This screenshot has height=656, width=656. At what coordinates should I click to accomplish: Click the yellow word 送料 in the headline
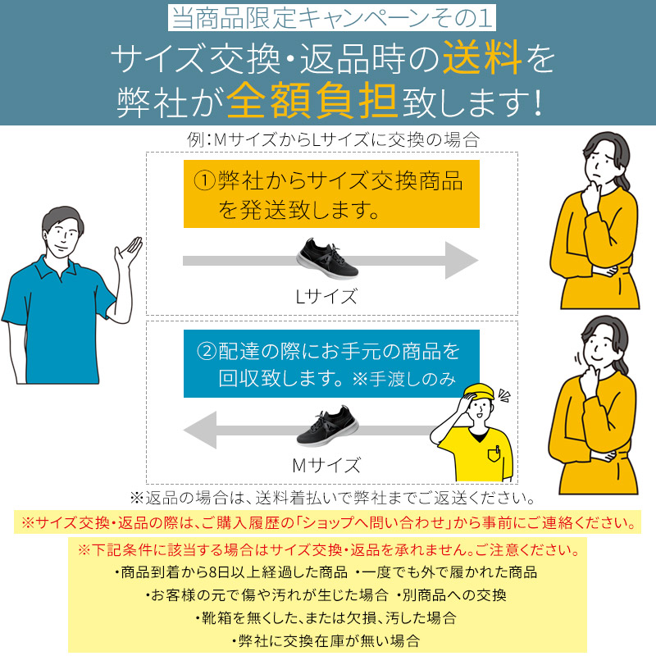[x=481, y=57]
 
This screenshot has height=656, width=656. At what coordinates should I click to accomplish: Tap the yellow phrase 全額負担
[x=312, y=100]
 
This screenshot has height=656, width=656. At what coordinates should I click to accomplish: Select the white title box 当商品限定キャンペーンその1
[x=332, y=17]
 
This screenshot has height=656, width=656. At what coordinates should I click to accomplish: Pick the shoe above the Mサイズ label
[x=327, y=426]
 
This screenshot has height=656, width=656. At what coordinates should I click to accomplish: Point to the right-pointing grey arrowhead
[x=460, y=260]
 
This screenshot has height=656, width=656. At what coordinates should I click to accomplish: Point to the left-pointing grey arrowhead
[x=201, y=430]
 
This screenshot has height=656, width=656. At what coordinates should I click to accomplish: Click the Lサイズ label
[x=326, y=296]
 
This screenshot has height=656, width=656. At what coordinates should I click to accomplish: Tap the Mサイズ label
[x=326, y=465]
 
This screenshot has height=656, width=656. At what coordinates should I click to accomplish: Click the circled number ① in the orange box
[x=204, y=180]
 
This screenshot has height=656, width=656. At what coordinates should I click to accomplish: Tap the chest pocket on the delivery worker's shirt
[x=494, y=454]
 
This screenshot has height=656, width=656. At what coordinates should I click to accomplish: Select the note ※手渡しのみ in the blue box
[x=404, y=379]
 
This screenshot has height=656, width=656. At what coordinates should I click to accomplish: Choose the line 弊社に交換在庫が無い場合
[x=328, y=640]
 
